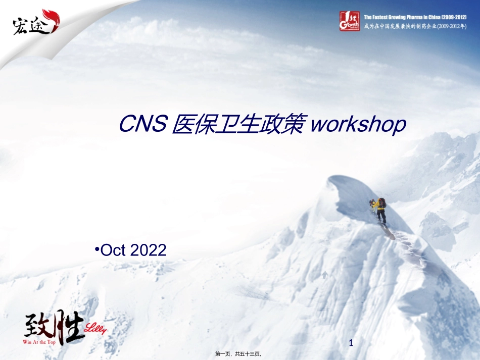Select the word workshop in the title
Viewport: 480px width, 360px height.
pos(358,125)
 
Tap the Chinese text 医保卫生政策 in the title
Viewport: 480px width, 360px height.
pos(238,124)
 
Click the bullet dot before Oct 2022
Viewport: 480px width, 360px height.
pos(97,248)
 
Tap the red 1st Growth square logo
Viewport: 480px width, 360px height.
pos(349,20)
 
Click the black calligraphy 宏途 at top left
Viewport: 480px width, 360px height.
pos(30,25)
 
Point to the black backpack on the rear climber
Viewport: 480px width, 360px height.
pos(382,203)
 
